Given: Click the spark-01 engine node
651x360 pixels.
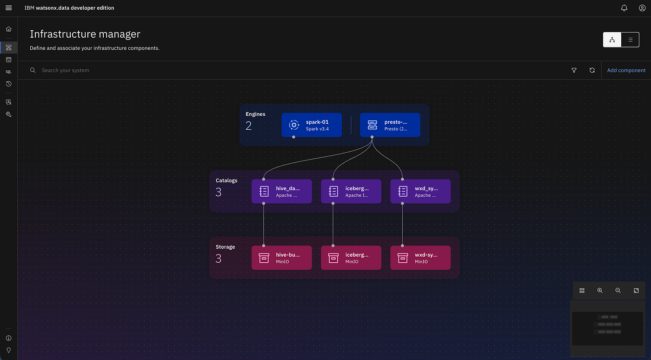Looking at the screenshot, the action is point(312,125).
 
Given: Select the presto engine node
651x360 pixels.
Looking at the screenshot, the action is point(390,125).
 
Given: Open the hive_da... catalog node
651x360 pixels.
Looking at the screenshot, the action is point(282,191).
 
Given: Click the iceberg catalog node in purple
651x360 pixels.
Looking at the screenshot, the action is point(351,191).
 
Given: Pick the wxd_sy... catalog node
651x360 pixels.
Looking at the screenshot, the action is point(420,191).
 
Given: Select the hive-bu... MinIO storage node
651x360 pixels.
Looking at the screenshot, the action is point(282,258).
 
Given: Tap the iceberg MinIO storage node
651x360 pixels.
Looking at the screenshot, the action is point(351,258).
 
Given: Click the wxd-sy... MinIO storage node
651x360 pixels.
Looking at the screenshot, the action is point(420,258).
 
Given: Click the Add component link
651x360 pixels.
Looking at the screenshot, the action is point(626,70).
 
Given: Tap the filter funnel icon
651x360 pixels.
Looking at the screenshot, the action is point(574,70).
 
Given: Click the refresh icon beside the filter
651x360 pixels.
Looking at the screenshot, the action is point(592,70).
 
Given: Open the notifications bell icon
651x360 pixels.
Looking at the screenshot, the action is point(624,8).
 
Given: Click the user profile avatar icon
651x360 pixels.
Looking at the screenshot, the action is point(642,8).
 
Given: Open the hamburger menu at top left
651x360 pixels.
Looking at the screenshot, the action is point(9,8).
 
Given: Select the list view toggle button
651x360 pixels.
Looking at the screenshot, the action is point(630,40).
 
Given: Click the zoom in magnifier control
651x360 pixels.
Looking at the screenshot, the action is point(600,291).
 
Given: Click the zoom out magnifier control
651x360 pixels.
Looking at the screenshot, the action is point(618,291).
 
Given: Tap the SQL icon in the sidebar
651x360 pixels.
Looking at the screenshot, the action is point(9,72).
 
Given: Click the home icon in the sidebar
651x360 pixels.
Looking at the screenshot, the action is point(9,29).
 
